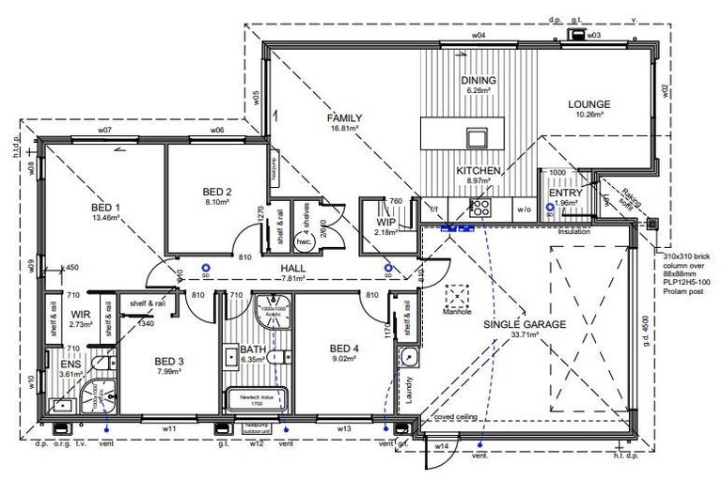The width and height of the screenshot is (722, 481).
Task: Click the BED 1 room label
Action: tap(105, 207)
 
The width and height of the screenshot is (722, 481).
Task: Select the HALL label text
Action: tap(292, 267)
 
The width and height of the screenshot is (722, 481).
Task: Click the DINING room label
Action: tap(478, 81)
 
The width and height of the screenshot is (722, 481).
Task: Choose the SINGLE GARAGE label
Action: tap(525, 324)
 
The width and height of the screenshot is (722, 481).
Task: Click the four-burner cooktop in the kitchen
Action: tap(479, 208)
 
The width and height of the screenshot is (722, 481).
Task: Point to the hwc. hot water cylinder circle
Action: tap(304, 240)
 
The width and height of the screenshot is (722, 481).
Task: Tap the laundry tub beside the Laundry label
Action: tap(407, 357)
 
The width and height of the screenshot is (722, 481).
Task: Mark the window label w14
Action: tap(440, 447)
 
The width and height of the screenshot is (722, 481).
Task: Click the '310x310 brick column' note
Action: tap(685, 256)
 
